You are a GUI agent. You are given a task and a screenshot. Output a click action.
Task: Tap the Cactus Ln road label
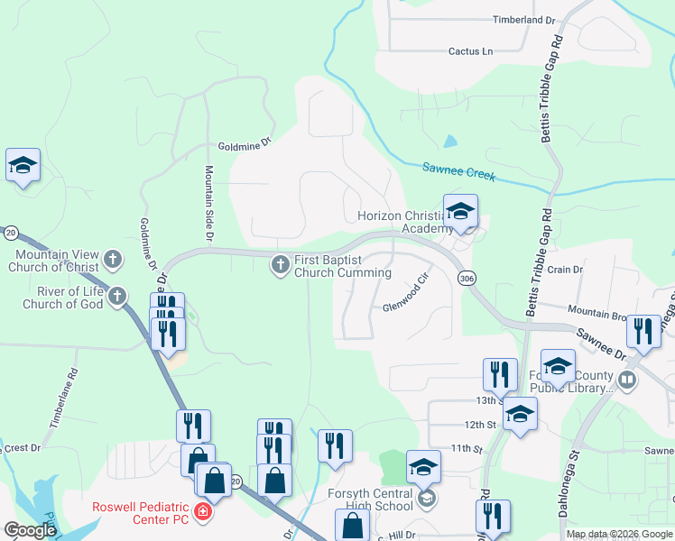pyautogui.click(x=471, y=51)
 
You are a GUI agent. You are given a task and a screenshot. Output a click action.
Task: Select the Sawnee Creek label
pyautogui.click(x=459, y=171)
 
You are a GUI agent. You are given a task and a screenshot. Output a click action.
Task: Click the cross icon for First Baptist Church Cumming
pyautogui.click(x=280, y=264)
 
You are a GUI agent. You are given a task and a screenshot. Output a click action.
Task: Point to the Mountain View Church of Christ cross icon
pyautogui.click(x=112, y=260)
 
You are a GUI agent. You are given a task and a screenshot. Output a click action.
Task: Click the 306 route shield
pyautogui.click(x=467, y=279)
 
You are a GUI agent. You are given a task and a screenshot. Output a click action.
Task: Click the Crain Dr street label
pyautogui.click(x=565, y=270)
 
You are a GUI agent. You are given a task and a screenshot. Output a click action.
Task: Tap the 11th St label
pyautogui.click(x=468, y=448)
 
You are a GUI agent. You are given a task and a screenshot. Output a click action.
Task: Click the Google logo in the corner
pyautogui.click(x=30, y=530)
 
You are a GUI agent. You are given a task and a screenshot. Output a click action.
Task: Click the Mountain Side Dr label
pyautogui.click(x=208, y=203)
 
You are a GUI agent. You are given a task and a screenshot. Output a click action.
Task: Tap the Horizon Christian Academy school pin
pyautogui.click(x=460, y=213)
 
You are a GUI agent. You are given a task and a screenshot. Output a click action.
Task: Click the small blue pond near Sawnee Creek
pyautogui.click(x=449, y=142)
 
